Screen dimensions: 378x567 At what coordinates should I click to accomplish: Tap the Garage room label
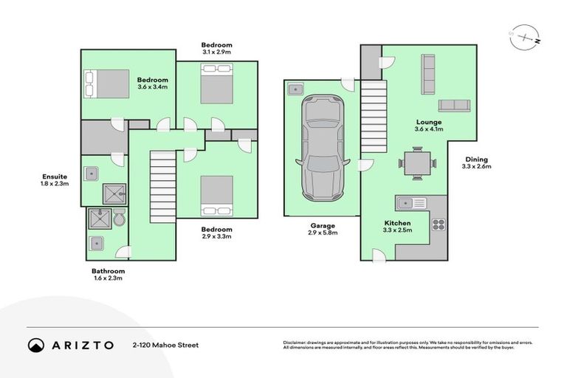322,226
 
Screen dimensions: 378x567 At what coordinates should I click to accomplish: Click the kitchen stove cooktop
437,224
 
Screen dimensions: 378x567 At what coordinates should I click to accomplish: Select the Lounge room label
428,123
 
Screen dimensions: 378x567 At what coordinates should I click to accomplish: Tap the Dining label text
475,159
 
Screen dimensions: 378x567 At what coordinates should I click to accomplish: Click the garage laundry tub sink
296,89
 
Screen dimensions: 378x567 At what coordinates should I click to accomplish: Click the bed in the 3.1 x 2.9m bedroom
216,83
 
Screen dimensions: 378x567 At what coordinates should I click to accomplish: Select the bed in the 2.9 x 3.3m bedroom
216,196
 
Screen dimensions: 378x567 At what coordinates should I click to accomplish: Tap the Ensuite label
55,176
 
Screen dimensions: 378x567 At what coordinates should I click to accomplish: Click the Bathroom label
103,271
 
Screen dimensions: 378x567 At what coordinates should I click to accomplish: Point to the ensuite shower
115,193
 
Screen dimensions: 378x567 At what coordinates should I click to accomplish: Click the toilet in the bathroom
121,219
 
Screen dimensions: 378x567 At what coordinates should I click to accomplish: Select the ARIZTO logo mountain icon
35,345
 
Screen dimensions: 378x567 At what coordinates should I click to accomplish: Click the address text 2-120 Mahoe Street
165,345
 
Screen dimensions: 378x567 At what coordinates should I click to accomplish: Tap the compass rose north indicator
523,36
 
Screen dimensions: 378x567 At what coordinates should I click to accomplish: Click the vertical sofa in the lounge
427,74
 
